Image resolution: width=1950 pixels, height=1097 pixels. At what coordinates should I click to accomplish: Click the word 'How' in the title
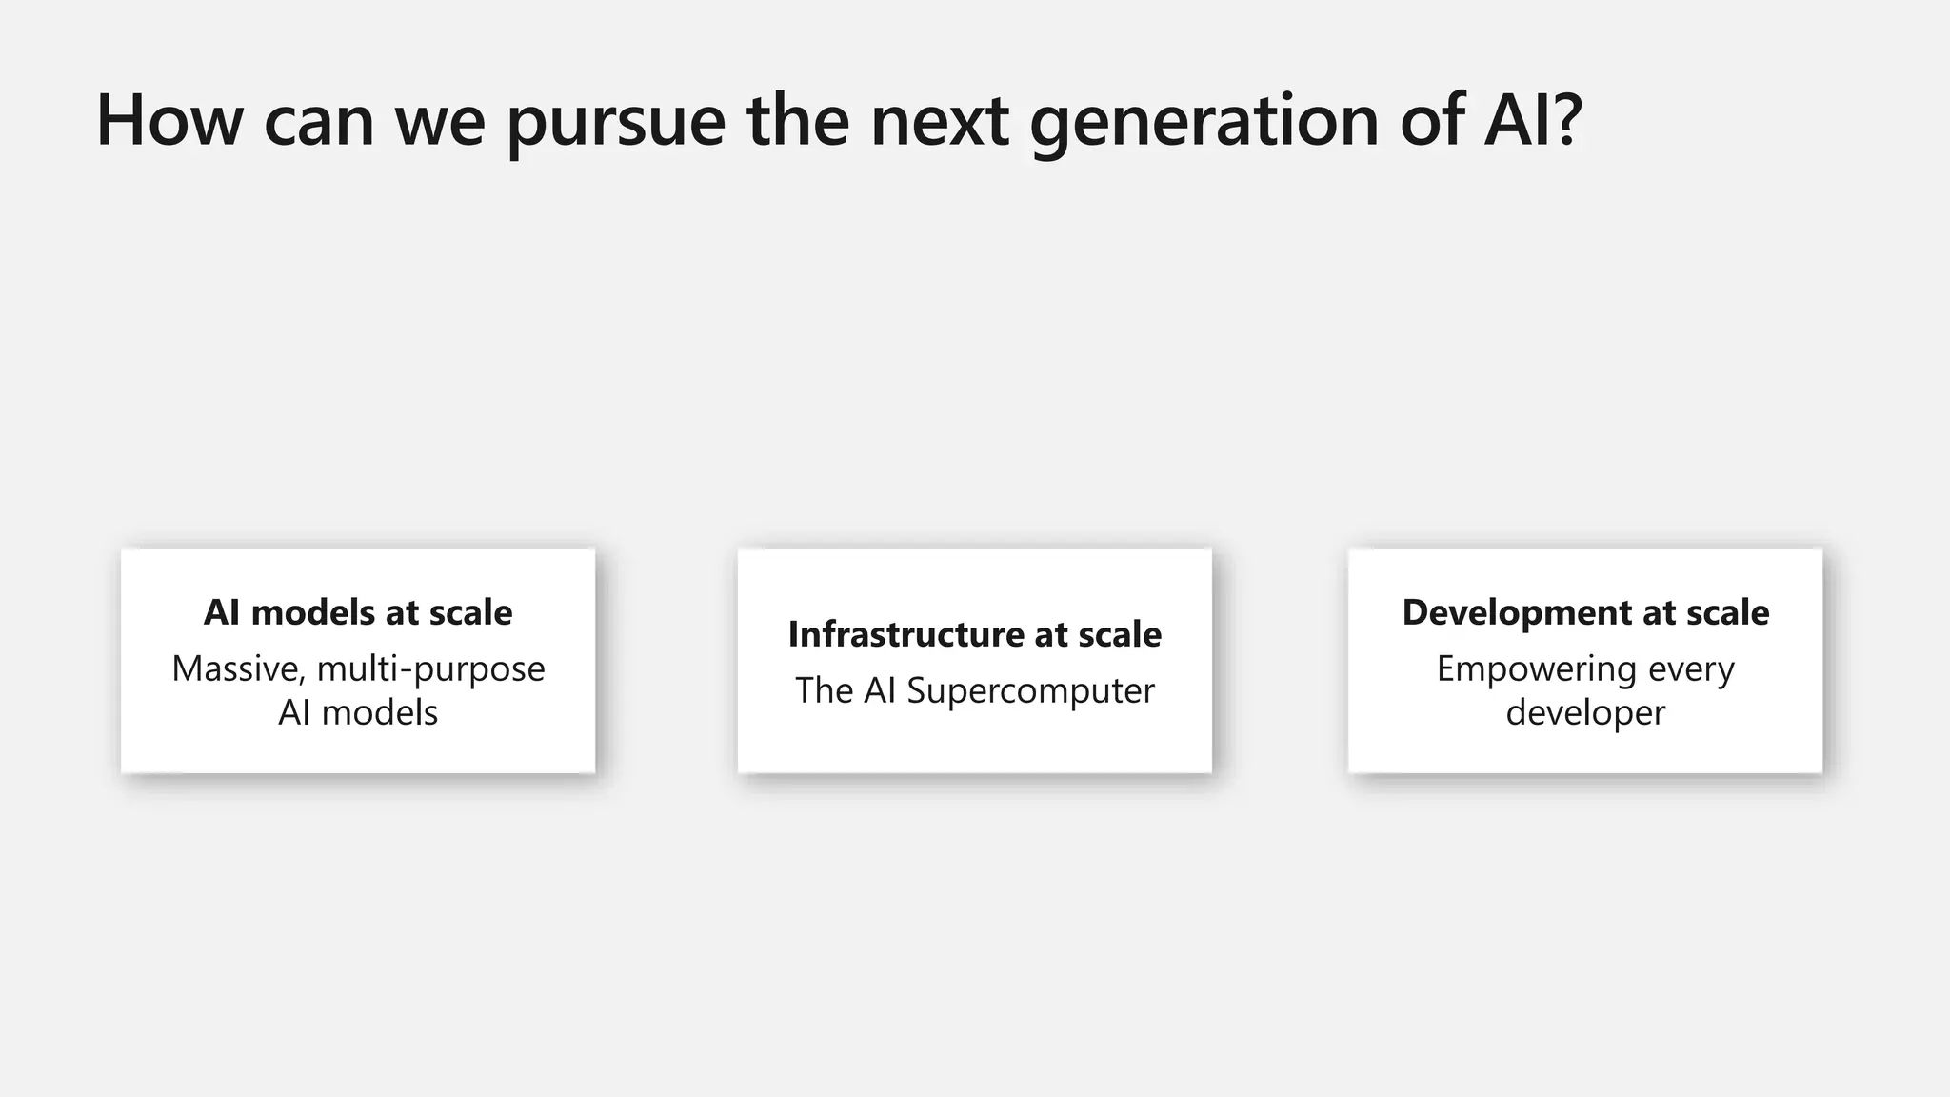(169, 120)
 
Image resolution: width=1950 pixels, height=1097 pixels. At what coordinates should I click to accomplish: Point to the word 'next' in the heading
(939, 122)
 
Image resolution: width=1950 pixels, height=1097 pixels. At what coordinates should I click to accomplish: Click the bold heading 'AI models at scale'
(358, 612)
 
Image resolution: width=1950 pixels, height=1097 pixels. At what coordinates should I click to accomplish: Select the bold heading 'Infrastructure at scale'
(974, 634)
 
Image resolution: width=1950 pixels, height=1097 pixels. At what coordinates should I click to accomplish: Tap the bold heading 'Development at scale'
(1585, 612)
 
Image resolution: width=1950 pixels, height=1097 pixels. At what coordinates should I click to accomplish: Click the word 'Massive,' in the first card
(239, 669)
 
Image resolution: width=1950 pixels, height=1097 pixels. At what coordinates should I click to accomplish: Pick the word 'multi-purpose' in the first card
(431, 669)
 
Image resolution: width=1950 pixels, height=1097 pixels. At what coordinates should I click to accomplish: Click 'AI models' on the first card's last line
(358, 713)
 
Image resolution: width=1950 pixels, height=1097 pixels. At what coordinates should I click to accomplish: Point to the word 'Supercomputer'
(1030, 691)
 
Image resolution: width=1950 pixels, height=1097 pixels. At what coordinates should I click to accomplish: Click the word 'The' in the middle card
(824, 691)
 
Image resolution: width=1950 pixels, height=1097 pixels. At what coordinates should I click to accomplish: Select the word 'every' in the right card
(1691, 669)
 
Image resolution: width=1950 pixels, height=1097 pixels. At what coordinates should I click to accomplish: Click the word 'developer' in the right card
(1585, 713)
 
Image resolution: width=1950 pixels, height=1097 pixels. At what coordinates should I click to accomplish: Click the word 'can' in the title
(319, 122)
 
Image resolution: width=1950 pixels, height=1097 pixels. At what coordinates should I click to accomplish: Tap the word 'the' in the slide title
(798, 120)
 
